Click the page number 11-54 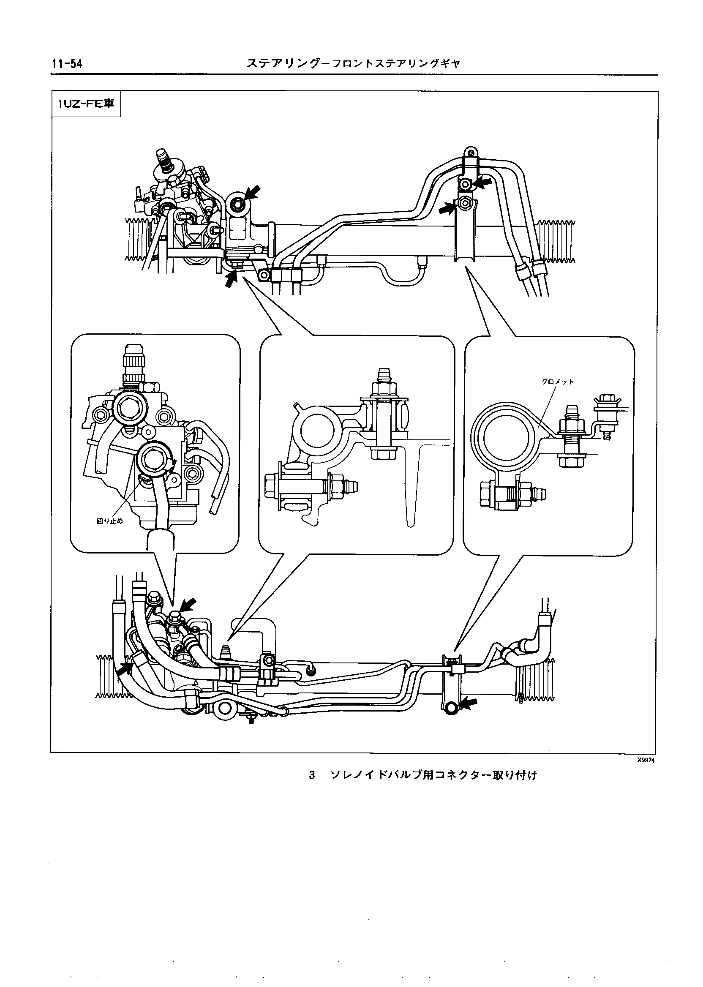(x=67, y=64)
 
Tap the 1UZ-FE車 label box (x=86, y=104)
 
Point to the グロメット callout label (x=558, y=382)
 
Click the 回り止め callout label (x=109, y=521)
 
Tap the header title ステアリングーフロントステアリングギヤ (x=353, y=64)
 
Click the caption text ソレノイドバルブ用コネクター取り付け (x=433, y=775)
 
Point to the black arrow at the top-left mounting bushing (x=253, y=193)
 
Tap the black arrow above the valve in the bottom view (x=188, y=605)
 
